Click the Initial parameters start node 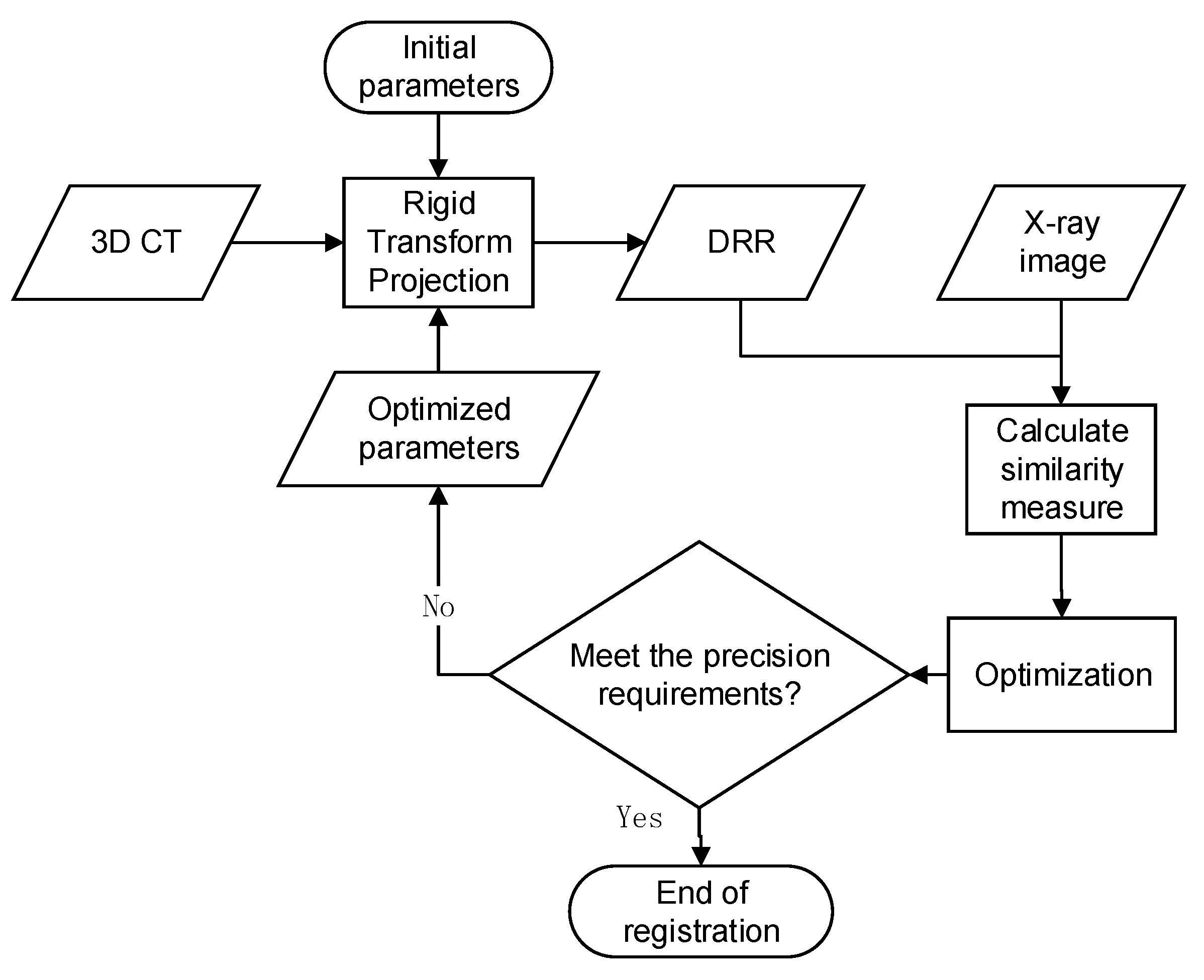tap(438, 67)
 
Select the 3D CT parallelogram tap(136, 242)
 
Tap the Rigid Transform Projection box tap(438, 242)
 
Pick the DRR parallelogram tap(741, 242)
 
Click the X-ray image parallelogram tap(1061, 242)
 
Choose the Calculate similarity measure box tap(1061, 469)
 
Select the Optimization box tap(1062, 675)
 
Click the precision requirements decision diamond tap(699, 675)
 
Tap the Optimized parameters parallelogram tap(438, 428)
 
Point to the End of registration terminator tap(701, 912)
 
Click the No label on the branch tap(438, 606)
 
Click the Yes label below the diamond tap(639, 817)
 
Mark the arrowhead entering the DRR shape tap(637, 243)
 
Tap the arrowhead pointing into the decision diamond tap(919, 674)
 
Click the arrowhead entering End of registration tap(700, 856)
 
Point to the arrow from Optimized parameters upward tap(438, 339)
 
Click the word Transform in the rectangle tap(439, 242)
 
